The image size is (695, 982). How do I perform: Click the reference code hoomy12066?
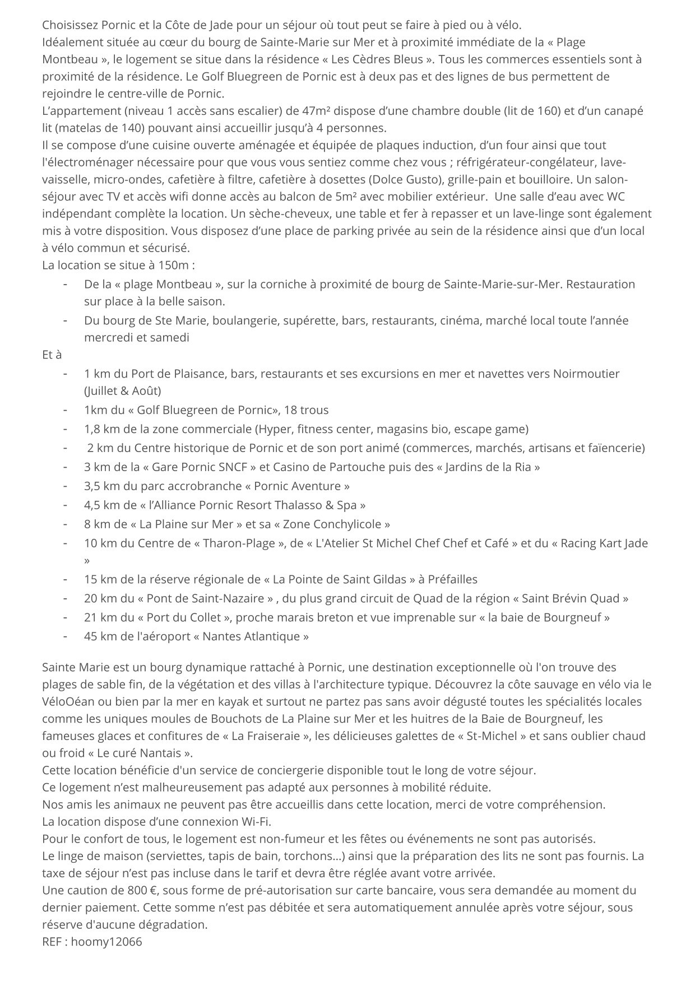tap(106, 942)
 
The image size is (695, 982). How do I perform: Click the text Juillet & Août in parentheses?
tap(123, 390)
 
